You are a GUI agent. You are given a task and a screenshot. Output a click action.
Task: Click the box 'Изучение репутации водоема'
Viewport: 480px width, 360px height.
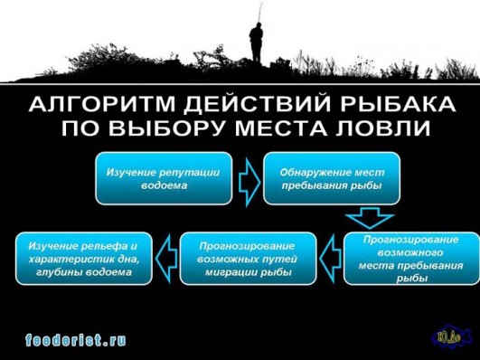pos(165,178)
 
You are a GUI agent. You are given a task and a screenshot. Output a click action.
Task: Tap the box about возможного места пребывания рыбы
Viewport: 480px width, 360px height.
pos(411,259)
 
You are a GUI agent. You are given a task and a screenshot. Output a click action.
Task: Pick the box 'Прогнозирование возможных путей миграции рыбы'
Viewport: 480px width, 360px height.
pos(248,259)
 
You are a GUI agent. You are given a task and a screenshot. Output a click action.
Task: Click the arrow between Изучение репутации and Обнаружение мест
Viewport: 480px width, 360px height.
pos(248,178)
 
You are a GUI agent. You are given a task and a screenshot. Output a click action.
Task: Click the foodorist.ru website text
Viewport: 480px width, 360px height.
pos(77,340)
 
